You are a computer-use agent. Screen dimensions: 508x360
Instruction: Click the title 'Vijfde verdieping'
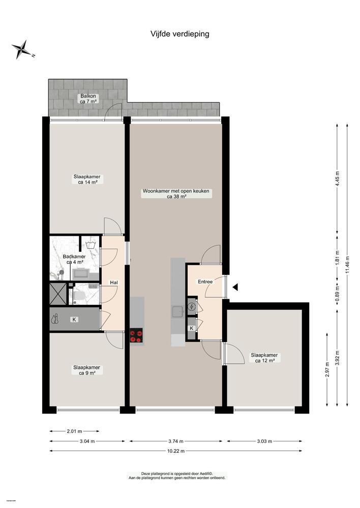(179, 34)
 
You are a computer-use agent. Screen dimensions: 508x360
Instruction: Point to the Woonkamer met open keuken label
(176, 194)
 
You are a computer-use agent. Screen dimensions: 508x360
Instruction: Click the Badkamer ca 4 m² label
(74, 260)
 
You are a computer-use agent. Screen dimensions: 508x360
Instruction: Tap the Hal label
(114, 282)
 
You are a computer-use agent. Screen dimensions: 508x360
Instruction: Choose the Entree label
(205, 281)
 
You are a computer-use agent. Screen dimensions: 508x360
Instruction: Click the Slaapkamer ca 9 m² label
(86, 370)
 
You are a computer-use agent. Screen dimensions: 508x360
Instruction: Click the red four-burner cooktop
(136, 335)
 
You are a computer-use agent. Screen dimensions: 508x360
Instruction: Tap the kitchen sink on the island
(177, 311)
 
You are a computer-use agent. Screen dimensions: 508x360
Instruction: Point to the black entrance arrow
(235, 288)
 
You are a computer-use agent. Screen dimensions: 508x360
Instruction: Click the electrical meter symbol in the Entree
(191, 307)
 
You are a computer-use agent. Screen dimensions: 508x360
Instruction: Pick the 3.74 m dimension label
(175, 441)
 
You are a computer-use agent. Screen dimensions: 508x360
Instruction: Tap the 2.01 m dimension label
(74, 431)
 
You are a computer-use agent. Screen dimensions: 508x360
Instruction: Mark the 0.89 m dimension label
(338, 296)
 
